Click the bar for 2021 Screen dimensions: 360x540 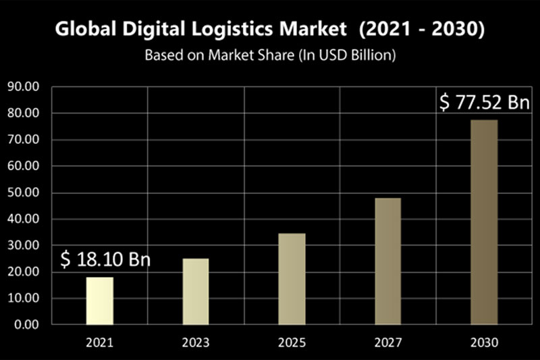pos(99,301)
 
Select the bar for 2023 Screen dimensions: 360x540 pos(196,291)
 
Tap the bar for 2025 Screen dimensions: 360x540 pos(292,278)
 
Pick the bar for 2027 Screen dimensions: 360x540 pos(387,261)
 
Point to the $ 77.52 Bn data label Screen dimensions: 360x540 pos(483,103)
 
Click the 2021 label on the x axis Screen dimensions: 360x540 pos(99,342)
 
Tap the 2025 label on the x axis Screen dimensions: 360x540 pos(292,342)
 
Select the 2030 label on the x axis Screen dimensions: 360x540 pos(483,342)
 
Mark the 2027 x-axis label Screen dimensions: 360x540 pos(387,342)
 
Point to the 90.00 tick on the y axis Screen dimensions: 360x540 pos(24,87)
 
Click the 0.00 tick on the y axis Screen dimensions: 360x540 pos(26,324)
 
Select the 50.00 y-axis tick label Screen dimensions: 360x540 pos(24,192)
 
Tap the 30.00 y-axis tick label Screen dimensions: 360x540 pos(24,245)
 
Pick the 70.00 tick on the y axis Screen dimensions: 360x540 pos(24,140)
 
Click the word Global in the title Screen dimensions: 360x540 pos(82,30)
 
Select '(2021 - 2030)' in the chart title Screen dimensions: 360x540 pos(423,30)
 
